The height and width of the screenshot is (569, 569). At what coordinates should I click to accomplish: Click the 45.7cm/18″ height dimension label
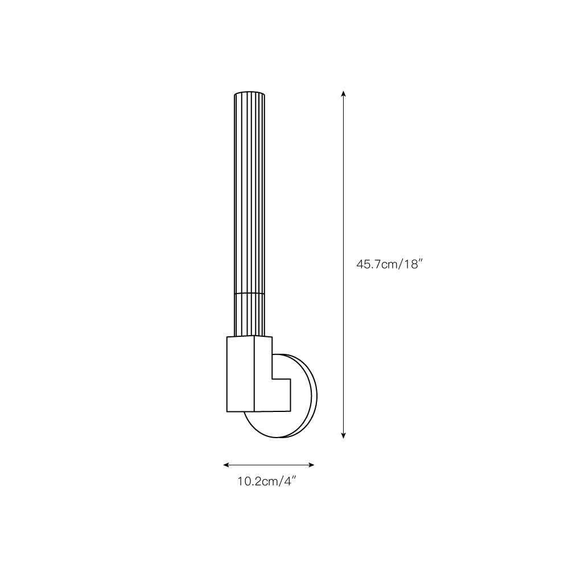pyautogui.click(x=390, y=264)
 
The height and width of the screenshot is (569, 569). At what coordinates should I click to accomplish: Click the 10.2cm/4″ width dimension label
pyautogui.click(x=267, y=481)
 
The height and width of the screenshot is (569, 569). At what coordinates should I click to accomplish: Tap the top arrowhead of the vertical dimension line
pyautogui.click(x=343, y=94)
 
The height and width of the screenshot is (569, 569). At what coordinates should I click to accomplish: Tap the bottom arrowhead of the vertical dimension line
pyautogui.click(x=343, y=435)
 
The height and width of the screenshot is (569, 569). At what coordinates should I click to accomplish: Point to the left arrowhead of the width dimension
pyautogui.click(x=226, y=465)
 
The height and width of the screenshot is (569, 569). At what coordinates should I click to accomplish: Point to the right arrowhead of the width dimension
pyautogui.click(x=311, y=465)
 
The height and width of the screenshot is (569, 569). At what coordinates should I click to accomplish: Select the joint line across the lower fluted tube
pyautogui.click(x=249, y=293)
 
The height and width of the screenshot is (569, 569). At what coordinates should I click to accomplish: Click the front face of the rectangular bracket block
pyautogui.click(x=241, y=374)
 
